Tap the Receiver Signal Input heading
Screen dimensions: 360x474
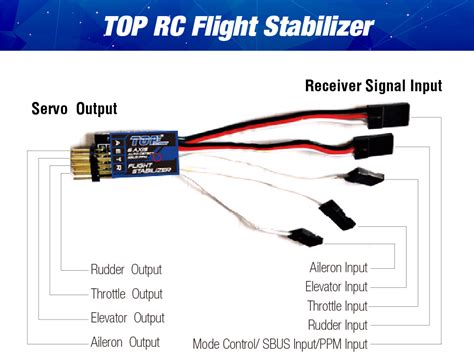coord(372,87)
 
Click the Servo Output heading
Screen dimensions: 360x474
coord(74,108)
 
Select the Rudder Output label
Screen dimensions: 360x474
coord(126,269)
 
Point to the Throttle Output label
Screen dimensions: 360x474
coord(126,294)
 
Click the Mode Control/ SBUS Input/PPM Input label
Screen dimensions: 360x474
coord(280,343)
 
